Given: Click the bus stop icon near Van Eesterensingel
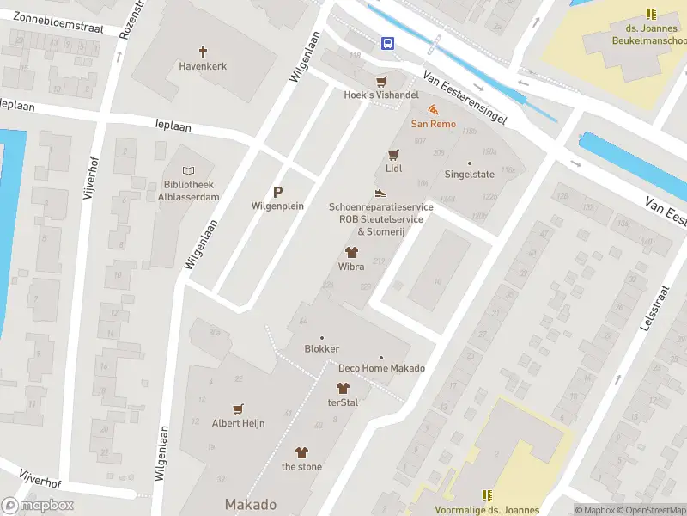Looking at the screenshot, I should coord(388,43).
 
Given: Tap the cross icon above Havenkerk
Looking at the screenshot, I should coord(204,52).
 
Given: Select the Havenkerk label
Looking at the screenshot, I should coord(204,66).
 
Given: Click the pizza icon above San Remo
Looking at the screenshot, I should coord(433,110).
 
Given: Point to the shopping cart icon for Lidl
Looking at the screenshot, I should coord(393,155).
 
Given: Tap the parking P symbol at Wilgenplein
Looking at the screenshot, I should coord(277,193).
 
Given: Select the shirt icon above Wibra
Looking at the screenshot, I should coord(350,253).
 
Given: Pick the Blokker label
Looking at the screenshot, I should coord(322,349).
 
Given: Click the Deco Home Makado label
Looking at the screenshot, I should coord(381,368).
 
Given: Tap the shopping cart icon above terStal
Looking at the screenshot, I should coord(343,389).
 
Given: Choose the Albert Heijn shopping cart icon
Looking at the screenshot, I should coord(238,409).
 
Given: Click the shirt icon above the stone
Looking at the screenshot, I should coord(301,452).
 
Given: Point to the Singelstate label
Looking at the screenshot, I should coord(469,174).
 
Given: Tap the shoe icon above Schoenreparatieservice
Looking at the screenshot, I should coord(380,193).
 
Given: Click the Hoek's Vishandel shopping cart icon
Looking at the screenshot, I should coord(381,82).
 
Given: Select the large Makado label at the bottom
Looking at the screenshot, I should coord(251,504).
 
